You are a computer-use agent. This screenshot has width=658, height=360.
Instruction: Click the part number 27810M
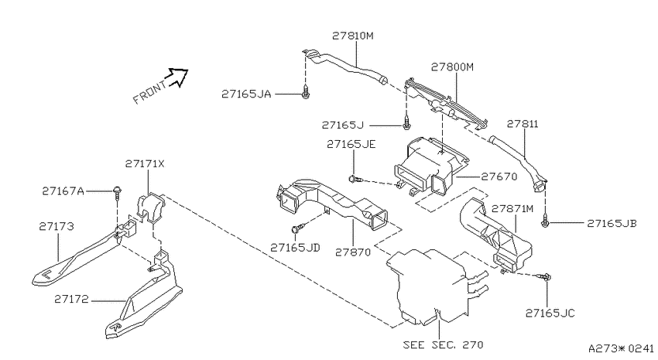(352, 36)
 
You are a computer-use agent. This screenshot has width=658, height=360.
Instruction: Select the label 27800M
(452, 67)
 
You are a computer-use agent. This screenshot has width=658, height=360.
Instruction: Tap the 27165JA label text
(246, 94)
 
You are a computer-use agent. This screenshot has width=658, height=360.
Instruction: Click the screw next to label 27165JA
(306, 93)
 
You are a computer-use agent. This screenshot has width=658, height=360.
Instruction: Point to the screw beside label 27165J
(406, 124)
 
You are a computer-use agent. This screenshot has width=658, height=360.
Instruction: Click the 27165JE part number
(351, 144)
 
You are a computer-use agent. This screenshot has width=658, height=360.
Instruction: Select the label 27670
(499, 177)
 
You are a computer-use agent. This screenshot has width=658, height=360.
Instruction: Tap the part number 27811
(523, 124)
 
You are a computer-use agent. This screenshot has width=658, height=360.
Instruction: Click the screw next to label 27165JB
(545, 222)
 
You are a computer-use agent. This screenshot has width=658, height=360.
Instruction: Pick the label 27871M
(512, 208)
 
